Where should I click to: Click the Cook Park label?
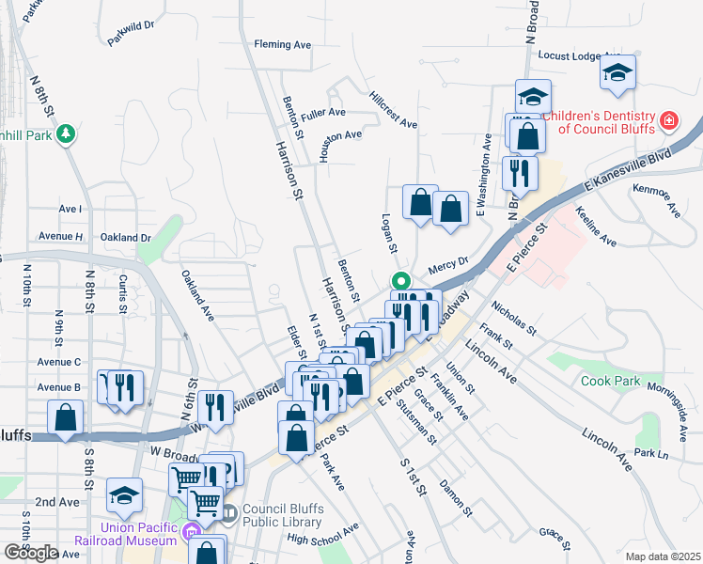click(610, 382)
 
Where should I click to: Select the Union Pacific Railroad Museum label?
click(125, 534)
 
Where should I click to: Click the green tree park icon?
click(65, 134)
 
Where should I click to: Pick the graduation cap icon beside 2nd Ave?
click(125, 495)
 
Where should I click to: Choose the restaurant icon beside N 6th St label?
click(215, 406)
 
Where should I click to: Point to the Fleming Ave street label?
click(283, 44)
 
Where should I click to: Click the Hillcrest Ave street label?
click(393, 110)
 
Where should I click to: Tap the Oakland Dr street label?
click(126, 238)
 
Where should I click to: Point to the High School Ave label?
click(323, 533)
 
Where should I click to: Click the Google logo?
click(31, 553)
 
